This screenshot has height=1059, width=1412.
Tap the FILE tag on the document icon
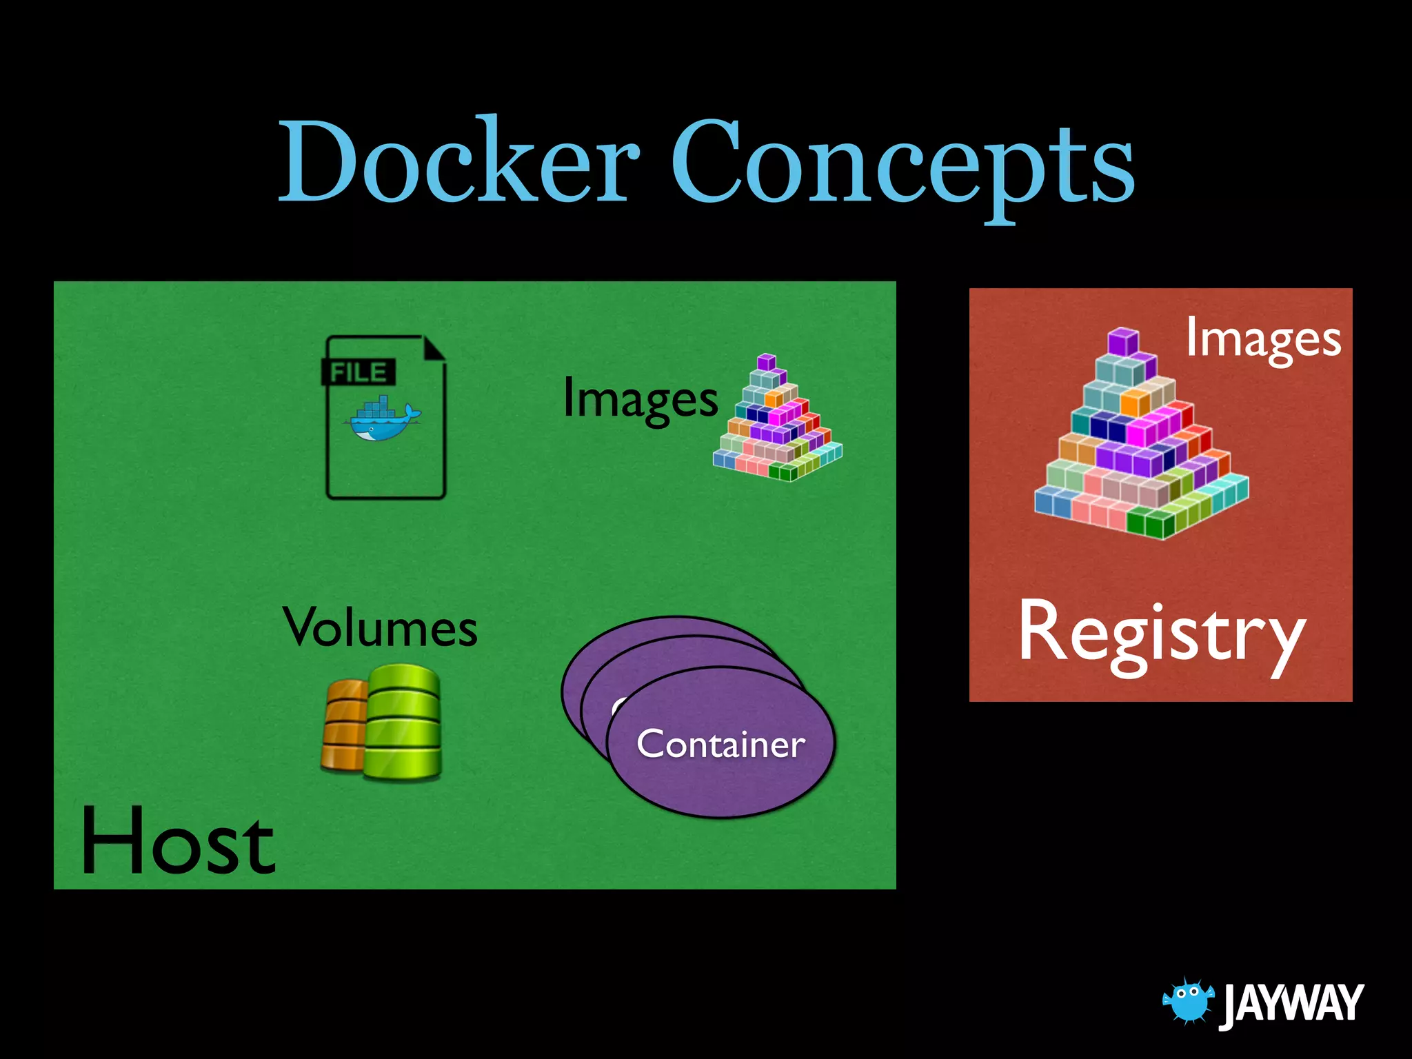tap(359, 372)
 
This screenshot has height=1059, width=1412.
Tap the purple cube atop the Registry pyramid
tap(1123, 342)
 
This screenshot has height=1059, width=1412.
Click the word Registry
tap(1162, 634)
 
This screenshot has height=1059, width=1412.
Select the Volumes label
tap(380, 628)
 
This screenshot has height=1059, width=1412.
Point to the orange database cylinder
tap(343, 724)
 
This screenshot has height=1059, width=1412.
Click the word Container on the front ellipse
tap(720, 745)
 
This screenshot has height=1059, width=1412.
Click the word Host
tap(178, 841)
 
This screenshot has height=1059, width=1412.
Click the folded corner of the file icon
tap(434, 349)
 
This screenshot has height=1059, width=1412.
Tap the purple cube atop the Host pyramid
tap(766, 362)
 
